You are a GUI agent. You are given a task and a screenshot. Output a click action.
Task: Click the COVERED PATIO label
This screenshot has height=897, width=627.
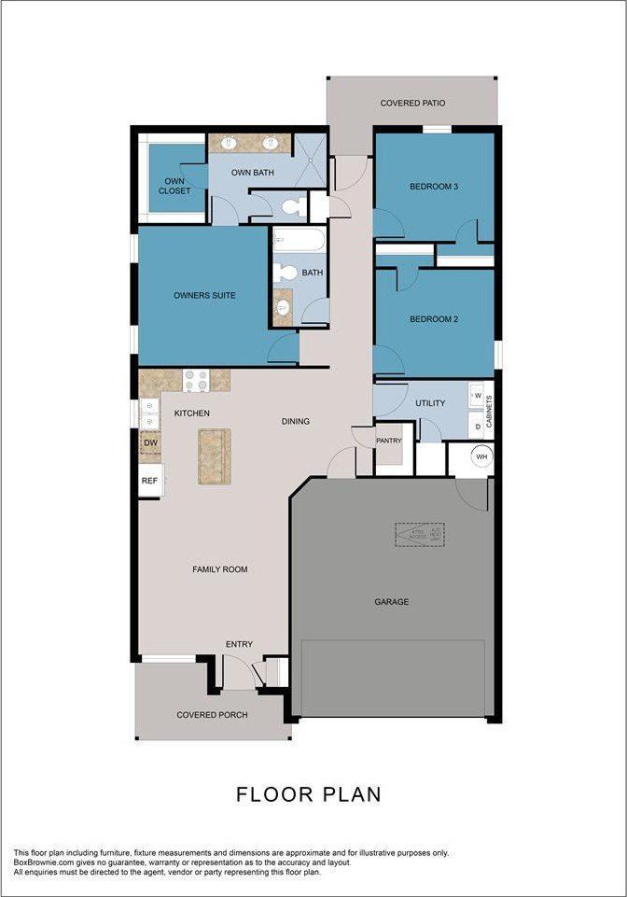click(x=412, y=103)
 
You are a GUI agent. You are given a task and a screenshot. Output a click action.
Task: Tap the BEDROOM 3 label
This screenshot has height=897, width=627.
click(x=434, y=187)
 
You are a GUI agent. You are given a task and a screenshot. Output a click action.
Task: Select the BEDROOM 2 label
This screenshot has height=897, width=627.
click(x=434, y=319)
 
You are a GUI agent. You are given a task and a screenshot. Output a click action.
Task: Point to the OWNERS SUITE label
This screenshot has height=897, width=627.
click(x=204, y=295)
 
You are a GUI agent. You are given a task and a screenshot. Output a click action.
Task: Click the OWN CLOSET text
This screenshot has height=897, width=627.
click(x=174, y=186)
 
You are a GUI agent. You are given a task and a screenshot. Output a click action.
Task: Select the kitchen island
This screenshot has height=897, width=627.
click(x=214, y=456)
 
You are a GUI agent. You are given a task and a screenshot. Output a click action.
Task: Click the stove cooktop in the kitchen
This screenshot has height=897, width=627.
click(x=196, y=379)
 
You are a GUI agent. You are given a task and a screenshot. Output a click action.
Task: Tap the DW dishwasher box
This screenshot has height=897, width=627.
click(x=150, y=443)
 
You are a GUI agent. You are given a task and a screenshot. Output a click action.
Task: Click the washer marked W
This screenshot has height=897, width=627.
click(x=477, y=395)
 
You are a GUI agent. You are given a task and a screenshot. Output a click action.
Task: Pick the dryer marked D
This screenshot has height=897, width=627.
click(x=477, y=427)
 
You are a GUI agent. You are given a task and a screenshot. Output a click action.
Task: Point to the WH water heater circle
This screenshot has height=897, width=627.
click(x=481, y=456)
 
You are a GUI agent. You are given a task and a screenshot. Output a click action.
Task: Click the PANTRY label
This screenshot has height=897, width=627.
click(x=388, y=440)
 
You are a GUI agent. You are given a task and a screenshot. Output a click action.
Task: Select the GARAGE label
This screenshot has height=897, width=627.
click(x=392, y=602)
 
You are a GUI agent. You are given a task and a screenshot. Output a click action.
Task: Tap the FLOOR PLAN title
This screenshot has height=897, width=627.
click(x=309, y=794)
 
